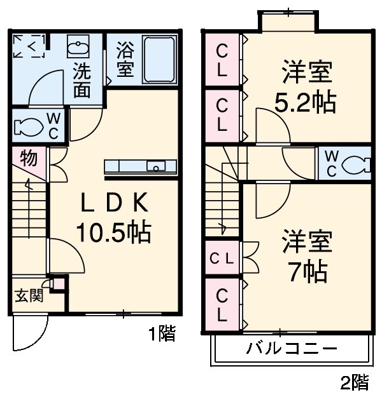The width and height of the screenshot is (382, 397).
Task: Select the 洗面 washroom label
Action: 81,79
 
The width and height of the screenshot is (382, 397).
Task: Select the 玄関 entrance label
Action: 28,295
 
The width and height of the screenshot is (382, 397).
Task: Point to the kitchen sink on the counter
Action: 155,166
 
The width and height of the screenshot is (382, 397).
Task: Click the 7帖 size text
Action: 306,272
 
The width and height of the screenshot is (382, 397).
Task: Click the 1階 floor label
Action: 162,333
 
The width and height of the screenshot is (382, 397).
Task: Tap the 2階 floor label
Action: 354,382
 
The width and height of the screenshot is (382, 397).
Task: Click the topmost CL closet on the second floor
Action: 222,60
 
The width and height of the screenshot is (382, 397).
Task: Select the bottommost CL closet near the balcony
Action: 222,305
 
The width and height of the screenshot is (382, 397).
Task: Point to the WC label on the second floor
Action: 332,164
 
